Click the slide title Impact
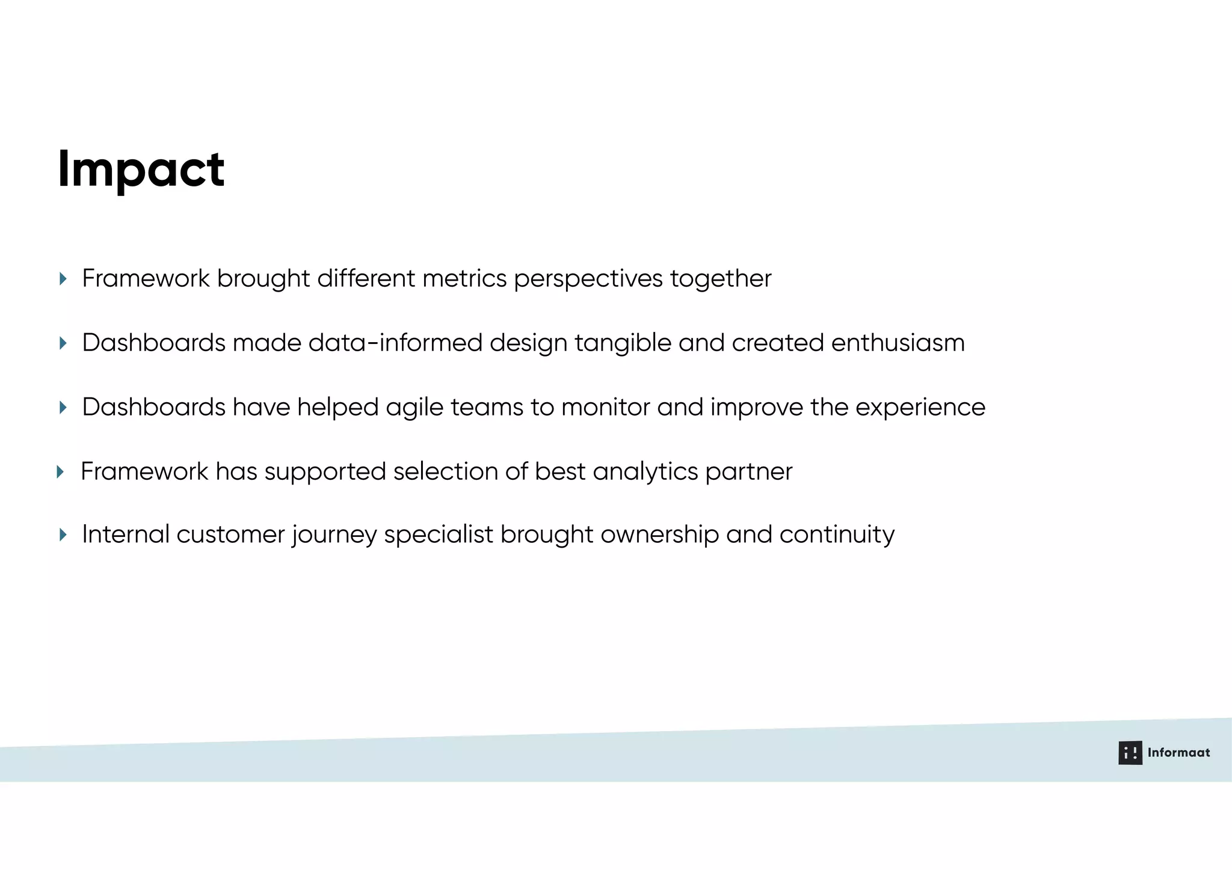click(141, 170)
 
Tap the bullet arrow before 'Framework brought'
click(63, 278)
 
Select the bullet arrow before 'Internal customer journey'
click(63, 535)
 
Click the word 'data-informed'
click(396, 343)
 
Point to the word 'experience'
click(920, 408)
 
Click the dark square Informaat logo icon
click(1130, 753)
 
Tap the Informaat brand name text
click(1178, 753)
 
